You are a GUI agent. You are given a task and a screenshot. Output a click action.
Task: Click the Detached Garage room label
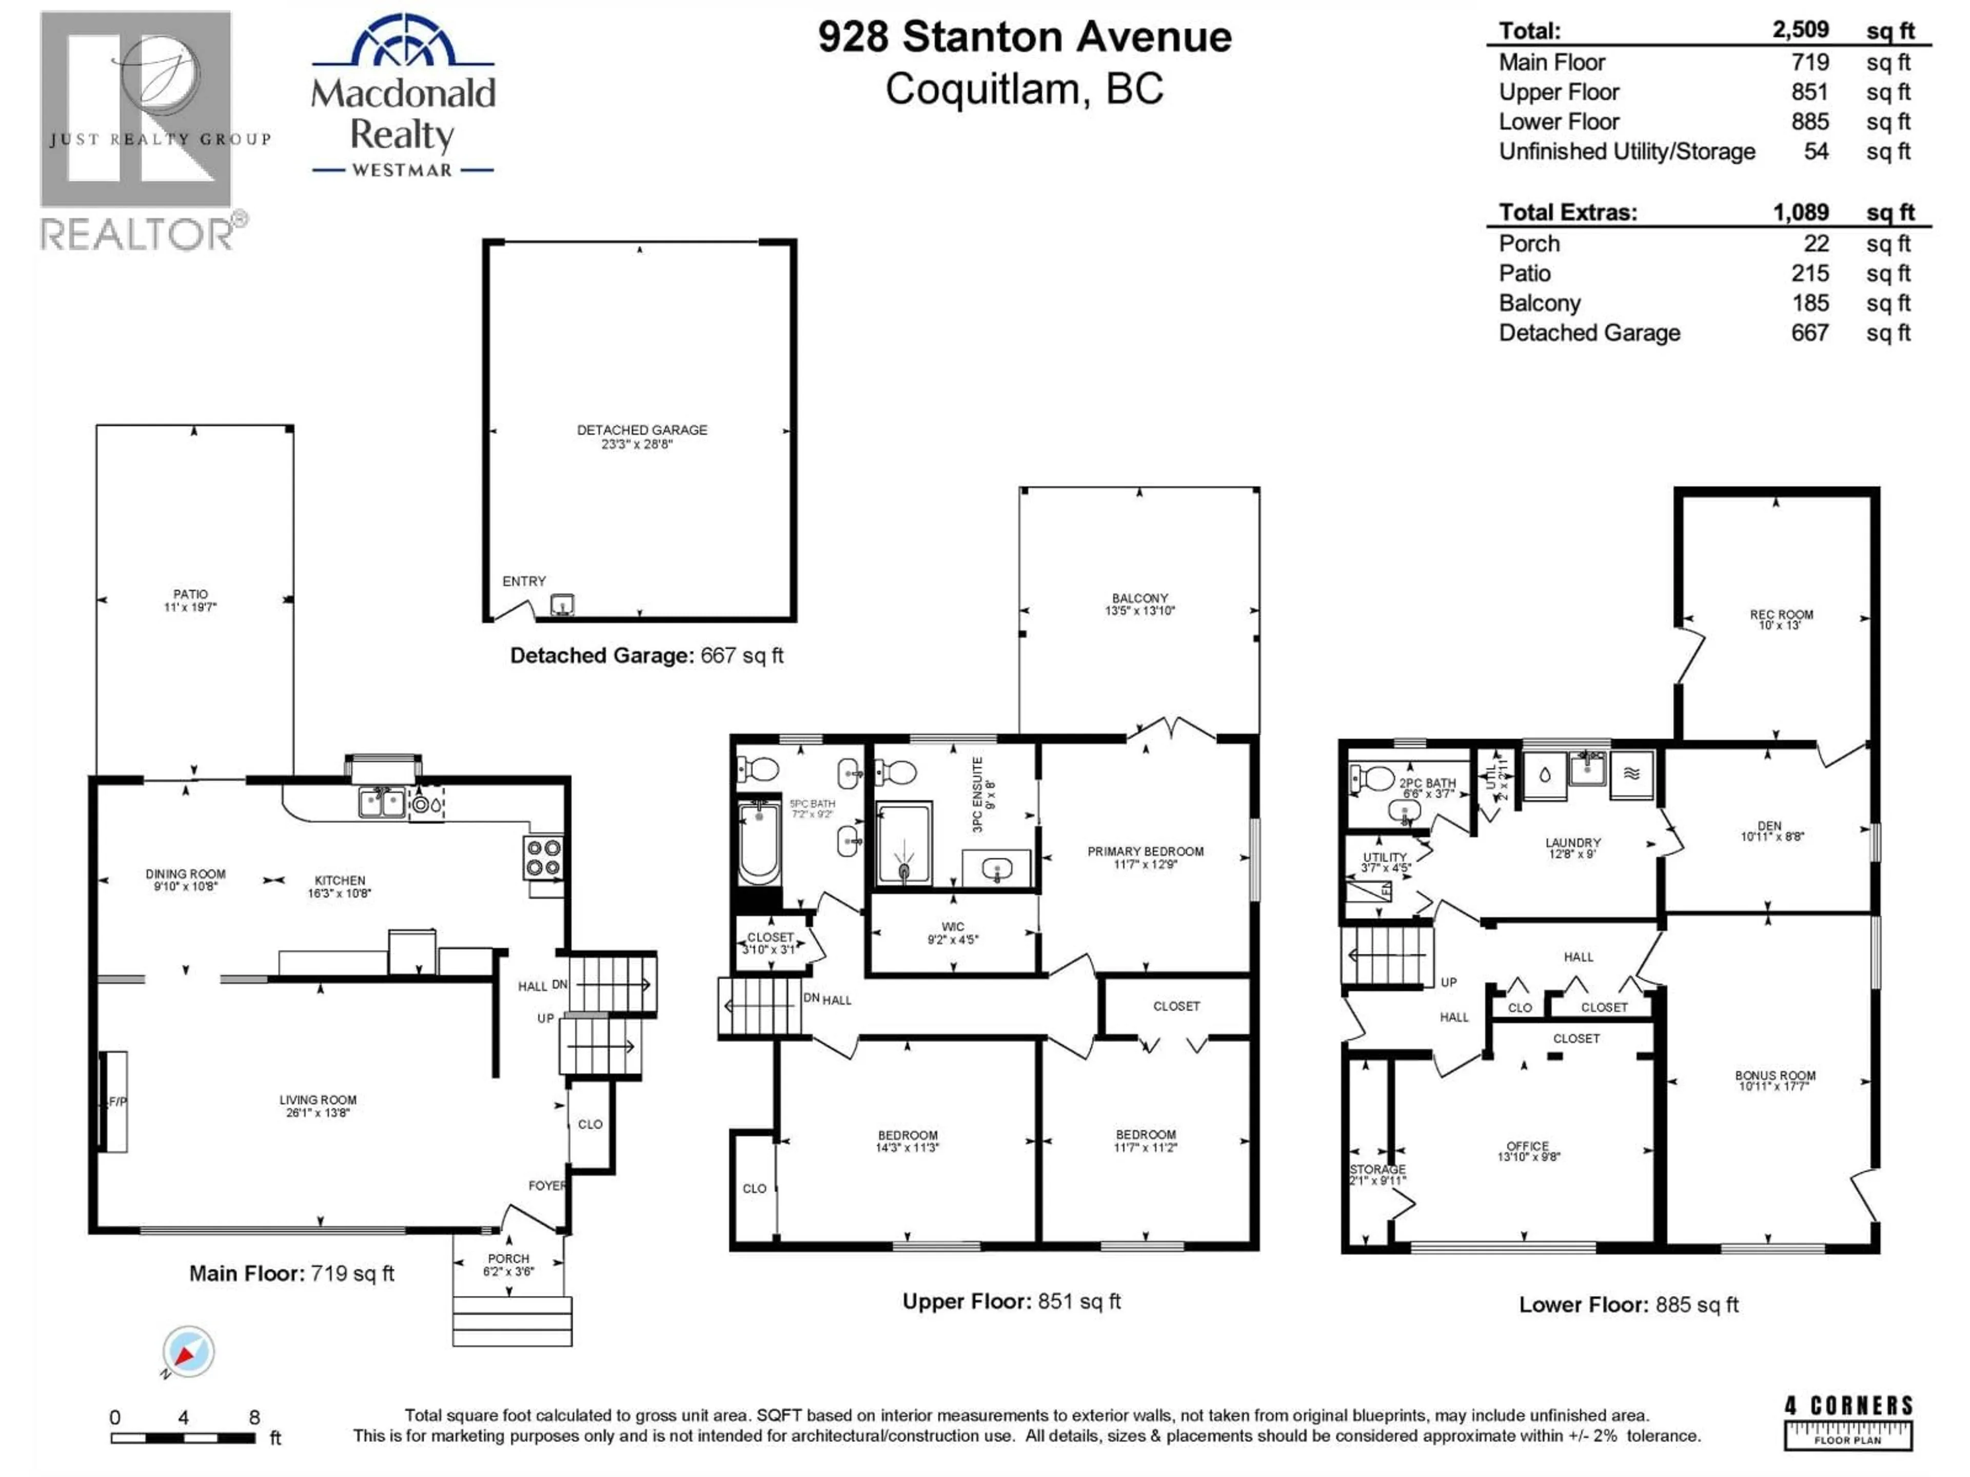tap(641, 436)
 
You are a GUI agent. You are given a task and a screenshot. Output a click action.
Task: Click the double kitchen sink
tap(381, 802)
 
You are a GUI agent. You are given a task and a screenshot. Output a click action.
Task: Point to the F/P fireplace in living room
tap(113, 1102)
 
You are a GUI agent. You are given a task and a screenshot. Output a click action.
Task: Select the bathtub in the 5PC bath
tap(759, 842)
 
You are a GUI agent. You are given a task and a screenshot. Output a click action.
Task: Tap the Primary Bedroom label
tap(1145, 856)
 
